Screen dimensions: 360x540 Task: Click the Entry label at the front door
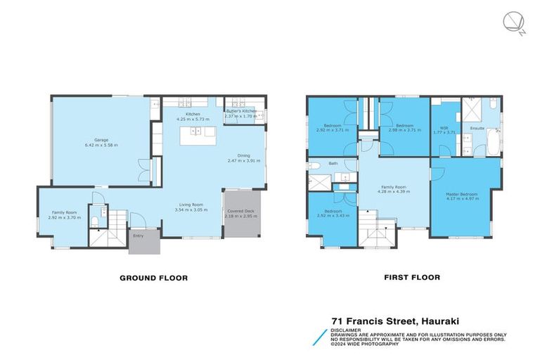click(x=139, y=236)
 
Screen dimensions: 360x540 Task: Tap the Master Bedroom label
click(x=462, y=193)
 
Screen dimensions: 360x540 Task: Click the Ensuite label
click(x=477, y=128)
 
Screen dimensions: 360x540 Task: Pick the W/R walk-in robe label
click(x=444, y=127)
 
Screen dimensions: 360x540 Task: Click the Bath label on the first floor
click(x=333, y=164)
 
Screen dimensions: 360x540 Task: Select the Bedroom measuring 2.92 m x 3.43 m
click(x=333, y=213)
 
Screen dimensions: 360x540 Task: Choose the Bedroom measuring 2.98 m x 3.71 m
click(x=404, y=127)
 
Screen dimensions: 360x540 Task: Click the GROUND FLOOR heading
click(x=153, y=278)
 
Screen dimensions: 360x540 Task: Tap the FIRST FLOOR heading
click(x=412, y=278)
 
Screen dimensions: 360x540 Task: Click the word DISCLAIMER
click(x=347, y=328)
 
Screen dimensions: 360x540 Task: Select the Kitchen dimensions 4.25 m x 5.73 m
click(x=193, y=120)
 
